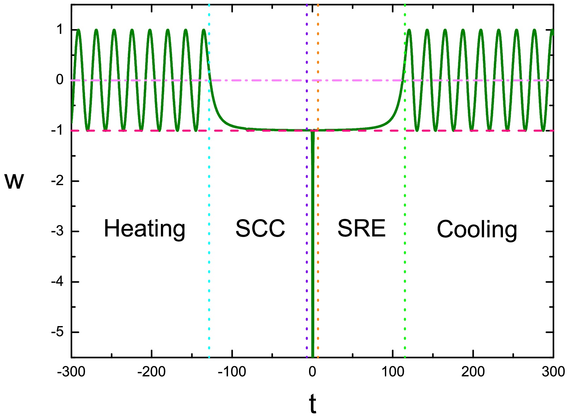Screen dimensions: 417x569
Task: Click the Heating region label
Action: [145, 229]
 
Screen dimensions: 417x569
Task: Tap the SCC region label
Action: [260, 228]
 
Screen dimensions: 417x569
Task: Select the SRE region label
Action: [361, 228]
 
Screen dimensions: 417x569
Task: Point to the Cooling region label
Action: [477, 230]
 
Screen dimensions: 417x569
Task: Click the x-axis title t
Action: [313, 404]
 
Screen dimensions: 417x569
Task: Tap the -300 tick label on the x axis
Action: [71, 372]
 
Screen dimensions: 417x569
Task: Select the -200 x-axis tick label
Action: [151, 372]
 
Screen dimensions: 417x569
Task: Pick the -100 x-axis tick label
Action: [232, 372]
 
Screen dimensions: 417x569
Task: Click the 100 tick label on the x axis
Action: [393, 372]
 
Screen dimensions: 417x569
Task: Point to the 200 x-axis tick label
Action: [473, 372]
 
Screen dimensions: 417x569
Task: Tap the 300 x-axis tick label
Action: [553, 372]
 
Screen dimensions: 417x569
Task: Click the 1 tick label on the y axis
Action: [60, 30]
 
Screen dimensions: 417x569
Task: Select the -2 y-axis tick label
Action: [57, 181]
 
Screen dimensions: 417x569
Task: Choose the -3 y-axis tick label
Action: [57, 231]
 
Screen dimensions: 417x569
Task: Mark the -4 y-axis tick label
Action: [57, 282]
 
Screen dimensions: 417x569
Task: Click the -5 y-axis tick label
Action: [57, 332]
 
